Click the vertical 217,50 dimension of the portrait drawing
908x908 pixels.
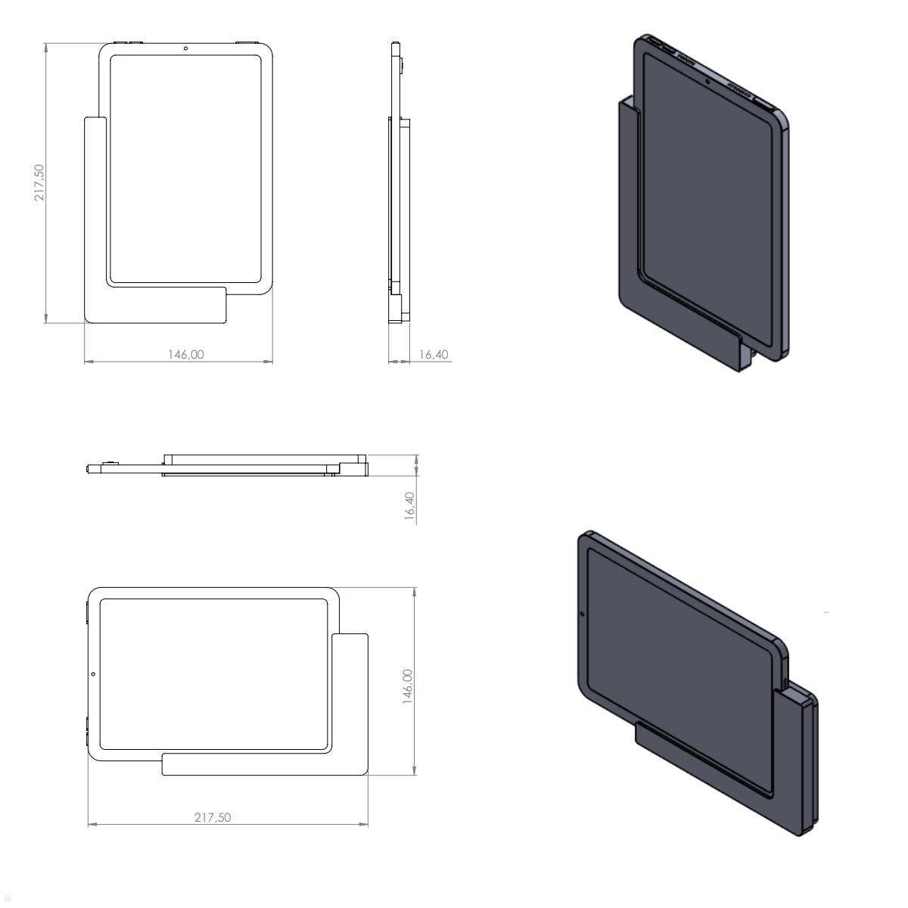click(39, 182)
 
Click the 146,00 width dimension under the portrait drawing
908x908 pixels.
click(185, 353)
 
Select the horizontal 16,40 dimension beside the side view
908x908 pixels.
click(433, 353)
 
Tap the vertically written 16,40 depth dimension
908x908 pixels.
click(409, 505)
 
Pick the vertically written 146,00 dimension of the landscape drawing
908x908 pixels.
click(407, 686)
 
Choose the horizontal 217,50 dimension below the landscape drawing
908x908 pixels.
click(213, 817)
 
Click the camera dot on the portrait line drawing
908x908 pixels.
click(185, 49)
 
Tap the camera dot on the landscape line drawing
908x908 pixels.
click(93, 673)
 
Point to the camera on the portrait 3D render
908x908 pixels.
click(707, 79)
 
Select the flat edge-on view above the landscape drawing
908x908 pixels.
click(227, 465)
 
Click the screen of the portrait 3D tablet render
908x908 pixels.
click(707, 212)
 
